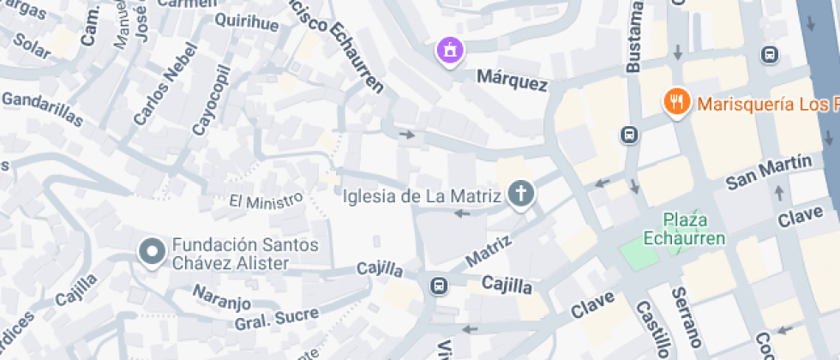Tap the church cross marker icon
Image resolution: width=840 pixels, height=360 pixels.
519,194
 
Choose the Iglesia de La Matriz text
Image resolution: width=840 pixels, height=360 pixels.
421,196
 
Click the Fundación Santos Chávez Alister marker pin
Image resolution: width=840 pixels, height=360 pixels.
153,252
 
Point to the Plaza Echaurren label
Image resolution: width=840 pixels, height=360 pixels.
685,229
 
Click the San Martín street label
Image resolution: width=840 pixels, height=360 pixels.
768,172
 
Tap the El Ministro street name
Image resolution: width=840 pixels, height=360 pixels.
266,201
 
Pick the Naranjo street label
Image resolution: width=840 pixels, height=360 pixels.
220,302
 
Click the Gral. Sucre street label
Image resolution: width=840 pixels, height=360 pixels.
265,320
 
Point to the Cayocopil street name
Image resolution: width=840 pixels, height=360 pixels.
211,100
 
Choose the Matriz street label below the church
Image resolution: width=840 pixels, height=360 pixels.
489,246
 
